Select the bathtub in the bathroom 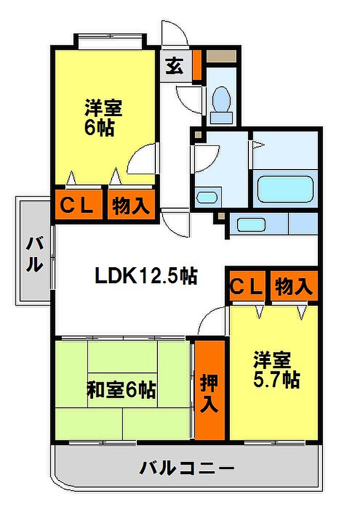(284, 190)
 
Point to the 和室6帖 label (121, 391)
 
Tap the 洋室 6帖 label (103, 118)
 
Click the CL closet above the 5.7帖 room (246, 286)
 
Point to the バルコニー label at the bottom (187, 468)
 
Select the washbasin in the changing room (207, 197)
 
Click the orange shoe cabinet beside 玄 (197, 65)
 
